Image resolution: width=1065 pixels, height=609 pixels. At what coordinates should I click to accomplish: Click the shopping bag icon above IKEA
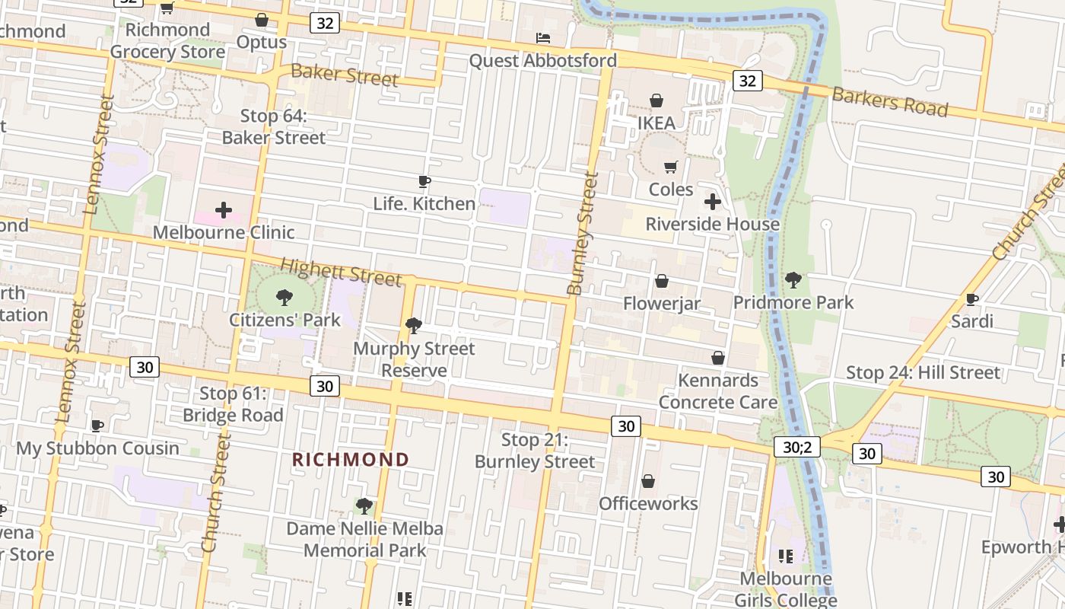[x=656, y=100]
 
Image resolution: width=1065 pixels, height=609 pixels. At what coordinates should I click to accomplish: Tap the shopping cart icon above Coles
[x=670, y=167]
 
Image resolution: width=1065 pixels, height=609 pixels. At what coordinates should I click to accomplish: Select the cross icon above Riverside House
[x=713, y=202]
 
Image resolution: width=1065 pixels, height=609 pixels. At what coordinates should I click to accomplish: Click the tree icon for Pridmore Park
[x=793, y=280]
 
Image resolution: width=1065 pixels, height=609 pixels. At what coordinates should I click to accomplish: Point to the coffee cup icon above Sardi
[x=971, y=299]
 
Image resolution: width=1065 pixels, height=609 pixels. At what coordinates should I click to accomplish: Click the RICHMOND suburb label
[x=351, y=460]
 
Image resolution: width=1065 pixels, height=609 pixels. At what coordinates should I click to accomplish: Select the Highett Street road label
[x=341, y=272]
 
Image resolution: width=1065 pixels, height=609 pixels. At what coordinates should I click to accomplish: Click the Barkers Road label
[x=889, y=101]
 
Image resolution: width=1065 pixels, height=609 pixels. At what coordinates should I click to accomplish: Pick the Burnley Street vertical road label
[x=583, y=234]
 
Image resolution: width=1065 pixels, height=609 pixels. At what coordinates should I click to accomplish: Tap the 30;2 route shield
[x=797, y=446]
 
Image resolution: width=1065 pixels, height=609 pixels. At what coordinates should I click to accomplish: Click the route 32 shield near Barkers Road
[x=748, y=80]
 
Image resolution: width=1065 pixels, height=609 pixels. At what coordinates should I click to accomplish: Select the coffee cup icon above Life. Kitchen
[x=424, y=182]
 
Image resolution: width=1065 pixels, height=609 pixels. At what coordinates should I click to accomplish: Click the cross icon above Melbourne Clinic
[x=224, y=209]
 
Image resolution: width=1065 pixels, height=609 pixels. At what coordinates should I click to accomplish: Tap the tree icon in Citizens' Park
[x=285, y=297]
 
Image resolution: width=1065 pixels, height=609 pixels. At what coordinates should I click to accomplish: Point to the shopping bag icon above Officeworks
[x=648, y=481]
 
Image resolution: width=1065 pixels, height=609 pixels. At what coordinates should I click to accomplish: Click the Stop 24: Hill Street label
[x=923, y=372]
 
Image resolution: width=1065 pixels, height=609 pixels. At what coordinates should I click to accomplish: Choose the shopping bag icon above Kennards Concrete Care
[x=717, y=358]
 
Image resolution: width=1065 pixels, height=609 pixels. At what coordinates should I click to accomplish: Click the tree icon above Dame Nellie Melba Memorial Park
[x=364, y=505]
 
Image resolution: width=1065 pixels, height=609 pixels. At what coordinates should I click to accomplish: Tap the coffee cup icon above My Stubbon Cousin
[x=97, y=426]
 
